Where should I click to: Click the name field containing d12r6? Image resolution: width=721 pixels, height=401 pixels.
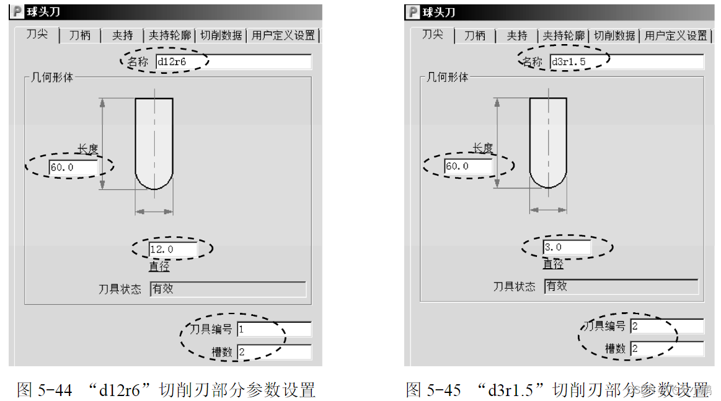point(232,61)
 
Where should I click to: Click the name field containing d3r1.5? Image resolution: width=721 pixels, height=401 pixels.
point(626,61)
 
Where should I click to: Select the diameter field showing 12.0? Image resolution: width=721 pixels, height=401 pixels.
point(172,250)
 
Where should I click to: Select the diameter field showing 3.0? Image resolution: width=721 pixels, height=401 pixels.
point(567,247)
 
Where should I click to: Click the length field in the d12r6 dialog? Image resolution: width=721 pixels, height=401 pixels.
point(73,167)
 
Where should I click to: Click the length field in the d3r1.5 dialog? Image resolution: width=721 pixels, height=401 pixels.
point(468,166)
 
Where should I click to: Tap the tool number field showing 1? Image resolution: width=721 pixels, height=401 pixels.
point(274,330)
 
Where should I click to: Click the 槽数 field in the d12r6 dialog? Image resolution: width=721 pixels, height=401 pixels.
point(274,352)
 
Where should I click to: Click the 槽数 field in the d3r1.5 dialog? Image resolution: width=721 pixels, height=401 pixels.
point(667,348)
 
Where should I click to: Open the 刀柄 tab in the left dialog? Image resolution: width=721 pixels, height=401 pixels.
point(80,35)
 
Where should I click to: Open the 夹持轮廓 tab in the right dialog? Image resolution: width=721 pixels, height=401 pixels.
point(564,36)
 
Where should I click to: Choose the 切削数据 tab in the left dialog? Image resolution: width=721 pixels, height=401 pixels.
point(221,35)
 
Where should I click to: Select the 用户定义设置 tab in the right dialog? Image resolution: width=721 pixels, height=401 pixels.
point(676,36)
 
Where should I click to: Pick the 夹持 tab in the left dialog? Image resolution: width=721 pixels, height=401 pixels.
point(122,35)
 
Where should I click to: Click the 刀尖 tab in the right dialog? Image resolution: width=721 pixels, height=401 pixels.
point(432,35)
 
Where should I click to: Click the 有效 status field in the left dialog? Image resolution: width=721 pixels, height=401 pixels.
point(228,289)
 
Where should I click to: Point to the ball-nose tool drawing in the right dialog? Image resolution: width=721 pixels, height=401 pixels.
point(548,143)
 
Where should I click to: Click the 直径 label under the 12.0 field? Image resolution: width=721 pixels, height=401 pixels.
point(159,266)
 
